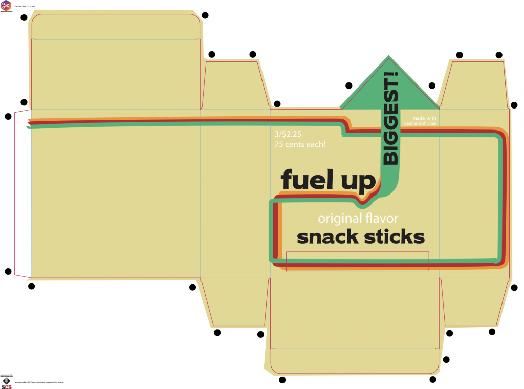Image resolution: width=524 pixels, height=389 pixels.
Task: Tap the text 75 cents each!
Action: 300,145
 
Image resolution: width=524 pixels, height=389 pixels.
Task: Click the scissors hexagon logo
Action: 6,6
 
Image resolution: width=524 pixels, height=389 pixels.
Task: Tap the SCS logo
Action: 6,383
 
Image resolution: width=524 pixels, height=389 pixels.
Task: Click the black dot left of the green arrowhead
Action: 349,85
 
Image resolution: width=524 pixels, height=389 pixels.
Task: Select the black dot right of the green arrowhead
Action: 432,85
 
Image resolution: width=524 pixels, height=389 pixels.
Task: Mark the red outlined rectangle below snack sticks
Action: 357,261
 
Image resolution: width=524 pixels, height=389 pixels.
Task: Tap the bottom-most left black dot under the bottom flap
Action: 282,380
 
